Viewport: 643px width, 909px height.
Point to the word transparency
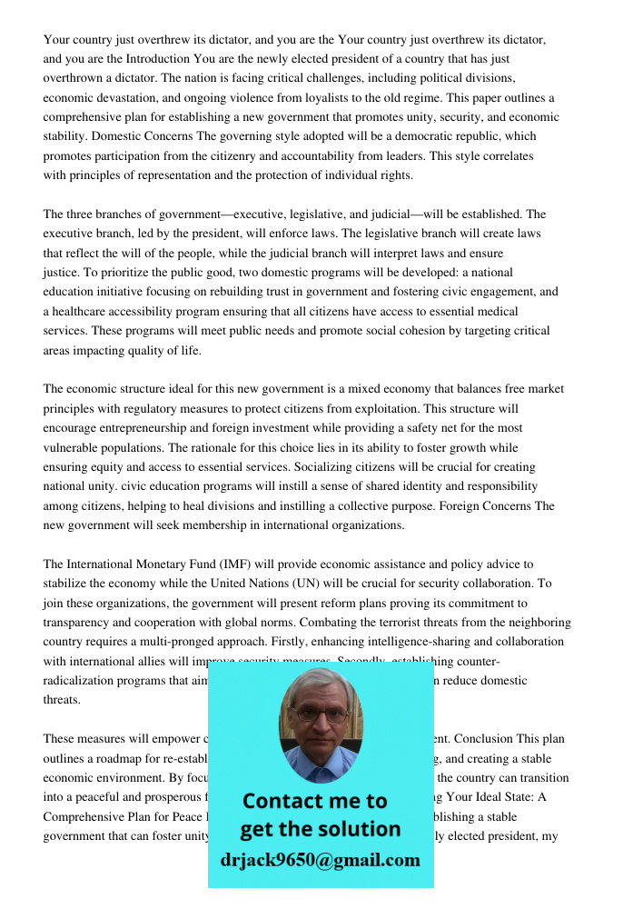point(79,623)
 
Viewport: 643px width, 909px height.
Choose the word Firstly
point(264,642)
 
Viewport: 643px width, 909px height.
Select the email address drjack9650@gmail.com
point(320,860)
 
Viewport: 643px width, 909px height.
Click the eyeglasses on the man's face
point(320,714)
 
